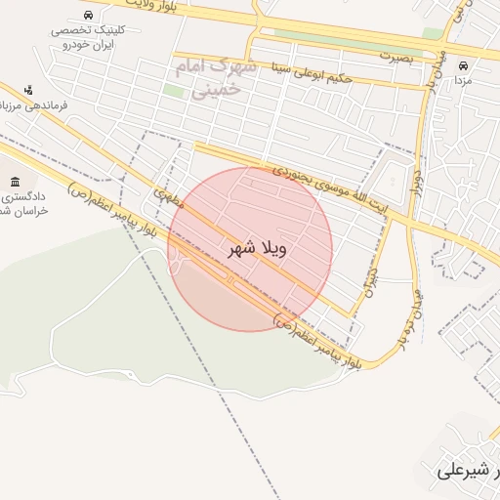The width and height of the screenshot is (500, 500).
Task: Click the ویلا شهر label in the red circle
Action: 258,249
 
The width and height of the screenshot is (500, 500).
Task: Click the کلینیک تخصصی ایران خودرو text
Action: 87,38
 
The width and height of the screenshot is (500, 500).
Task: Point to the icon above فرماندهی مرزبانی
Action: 27,90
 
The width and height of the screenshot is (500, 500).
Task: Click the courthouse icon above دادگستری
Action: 15,182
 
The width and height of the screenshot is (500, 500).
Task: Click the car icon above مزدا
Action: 463,66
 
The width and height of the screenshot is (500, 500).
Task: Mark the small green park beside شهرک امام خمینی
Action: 173,91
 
